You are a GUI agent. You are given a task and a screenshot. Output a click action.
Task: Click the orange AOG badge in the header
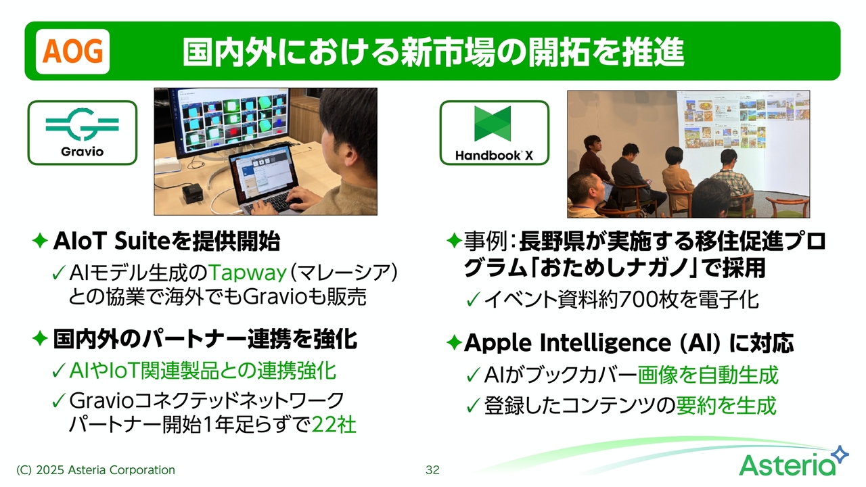(72, 51)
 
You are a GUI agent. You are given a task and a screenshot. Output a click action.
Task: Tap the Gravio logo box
(83, 133)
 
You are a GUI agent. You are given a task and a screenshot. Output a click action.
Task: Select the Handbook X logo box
(494, 133)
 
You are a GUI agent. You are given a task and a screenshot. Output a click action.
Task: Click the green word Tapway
(248, 273)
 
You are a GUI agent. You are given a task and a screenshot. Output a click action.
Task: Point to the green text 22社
(334, 425)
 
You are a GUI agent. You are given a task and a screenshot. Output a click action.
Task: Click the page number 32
(432, 470)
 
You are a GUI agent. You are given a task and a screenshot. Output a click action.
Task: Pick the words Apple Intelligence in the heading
(568, 343)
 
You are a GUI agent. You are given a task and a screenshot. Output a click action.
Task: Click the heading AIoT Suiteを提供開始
(166, 241)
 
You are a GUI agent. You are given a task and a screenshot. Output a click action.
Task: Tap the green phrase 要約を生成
(726, 405)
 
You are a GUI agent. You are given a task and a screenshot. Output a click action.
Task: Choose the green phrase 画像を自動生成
(708, 375)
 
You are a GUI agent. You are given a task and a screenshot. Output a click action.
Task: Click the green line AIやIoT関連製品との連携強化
(202, 371)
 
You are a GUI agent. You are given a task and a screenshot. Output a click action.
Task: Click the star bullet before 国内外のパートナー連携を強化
(40, 339)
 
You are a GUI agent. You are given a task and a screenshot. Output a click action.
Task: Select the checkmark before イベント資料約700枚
(473, 300)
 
